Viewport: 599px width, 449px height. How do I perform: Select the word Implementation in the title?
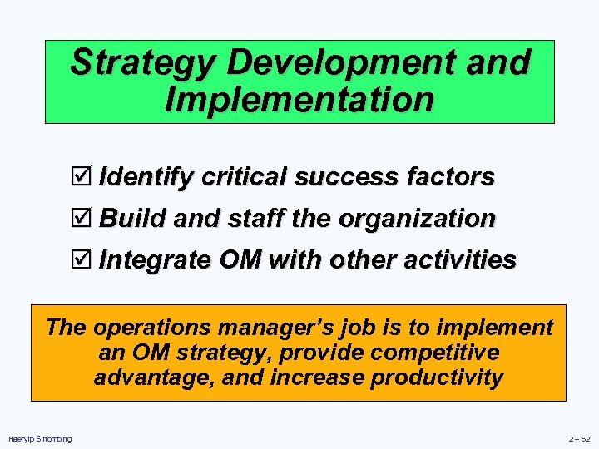[299, 99]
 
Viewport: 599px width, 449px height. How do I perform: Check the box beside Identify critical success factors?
[81, 177]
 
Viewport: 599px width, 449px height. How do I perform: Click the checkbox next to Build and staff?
[81, 219]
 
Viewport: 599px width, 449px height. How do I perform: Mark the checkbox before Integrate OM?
[81, 260]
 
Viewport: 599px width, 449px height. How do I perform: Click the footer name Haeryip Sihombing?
[40, 438]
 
